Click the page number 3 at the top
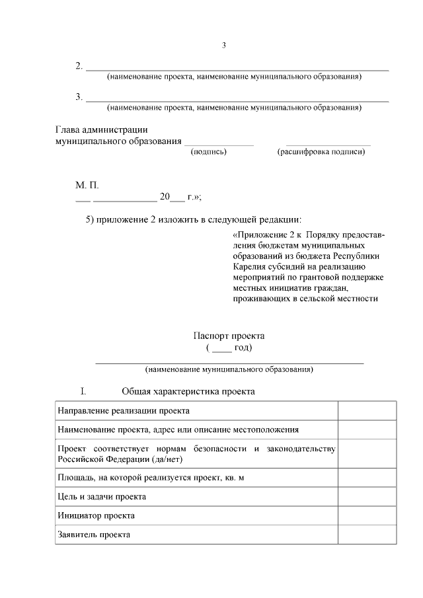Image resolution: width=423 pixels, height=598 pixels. click(224, 46)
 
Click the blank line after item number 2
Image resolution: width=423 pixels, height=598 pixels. click(237, 69)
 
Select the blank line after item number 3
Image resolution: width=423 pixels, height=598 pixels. click(237, 100)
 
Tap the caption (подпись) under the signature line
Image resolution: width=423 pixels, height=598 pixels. click(209, 152)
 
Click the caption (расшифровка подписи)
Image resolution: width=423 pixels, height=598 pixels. click(321, 152)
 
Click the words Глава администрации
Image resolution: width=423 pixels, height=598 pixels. click(100, 130)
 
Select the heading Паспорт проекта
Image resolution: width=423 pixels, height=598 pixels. click(229, 336)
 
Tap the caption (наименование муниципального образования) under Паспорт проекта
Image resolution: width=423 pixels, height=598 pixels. click(229, 369)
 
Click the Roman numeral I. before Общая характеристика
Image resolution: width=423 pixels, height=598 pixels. click(83, 391)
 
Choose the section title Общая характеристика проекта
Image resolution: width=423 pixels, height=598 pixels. click(188, 391)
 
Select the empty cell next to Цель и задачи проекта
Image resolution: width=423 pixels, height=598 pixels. click(367, 496)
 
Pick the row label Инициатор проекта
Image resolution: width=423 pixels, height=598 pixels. click(96, 515)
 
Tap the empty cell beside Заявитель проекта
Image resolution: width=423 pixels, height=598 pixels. click(367, 535)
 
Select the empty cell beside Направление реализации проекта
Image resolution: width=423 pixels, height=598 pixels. click(367, 411)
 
